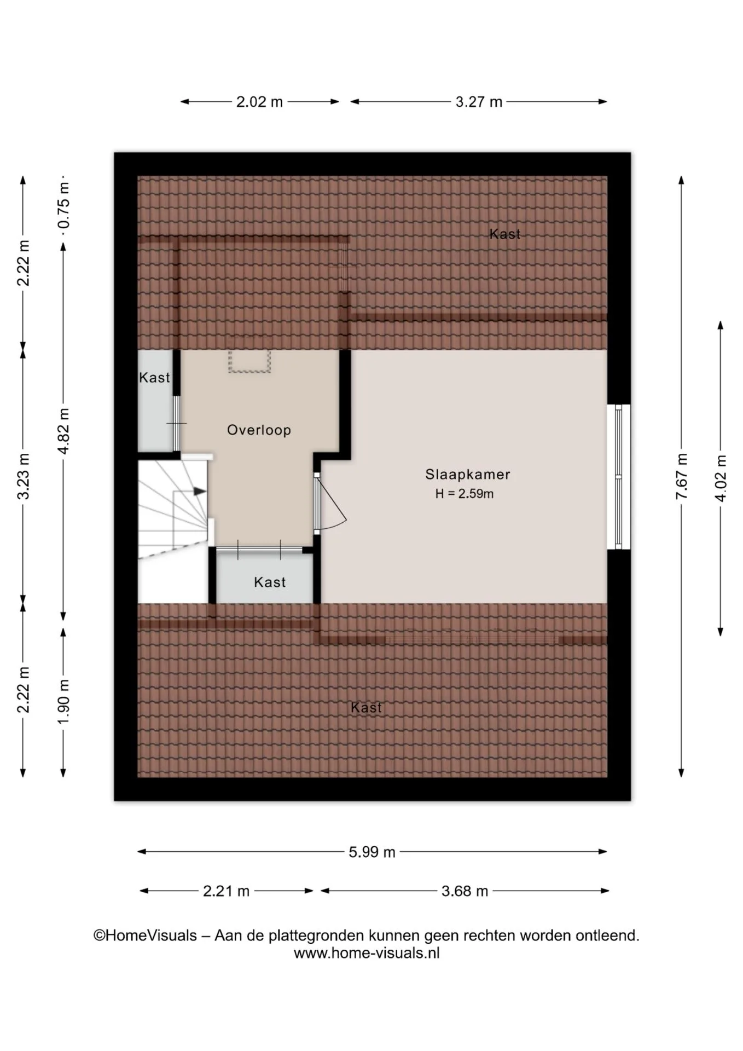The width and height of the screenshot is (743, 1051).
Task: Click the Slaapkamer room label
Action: click(x=467, y=474)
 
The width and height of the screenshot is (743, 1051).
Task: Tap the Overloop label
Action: click(x=259, y=430)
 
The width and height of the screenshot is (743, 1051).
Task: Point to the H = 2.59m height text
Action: click(x=465, y=494)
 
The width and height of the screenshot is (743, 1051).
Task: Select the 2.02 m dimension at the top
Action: click(x=259, y=102)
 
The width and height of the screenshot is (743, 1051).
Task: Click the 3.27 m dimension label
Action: click(x=479, y=102)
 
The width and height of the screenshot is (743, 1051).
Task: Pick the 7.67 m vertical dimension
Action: click(x=681, y=476)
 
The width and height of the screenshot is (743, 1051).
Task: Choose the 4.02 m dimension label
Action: click(x=721, y=478)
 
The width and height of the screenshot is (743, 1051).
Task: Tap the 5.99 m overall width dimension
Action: click(x=372, y=852)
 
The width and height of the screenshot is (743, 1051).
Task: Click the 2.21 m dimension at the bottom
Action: click(x=226, y=891)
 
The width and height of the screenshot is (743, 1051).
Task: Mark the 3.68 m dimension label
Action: click(x=465, y=891)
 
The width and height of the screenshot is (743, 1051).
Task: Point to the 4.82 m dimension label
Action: click(x=63, y=431)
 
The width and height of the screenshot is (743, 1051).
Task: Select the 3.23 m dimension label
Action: click(x=24, y=476)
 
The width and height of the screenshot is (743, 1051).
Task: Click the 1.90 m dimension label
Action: click(x=63, y=701)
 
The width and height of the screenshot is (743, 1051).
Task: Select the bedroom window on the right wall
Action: click(x=619, y=477)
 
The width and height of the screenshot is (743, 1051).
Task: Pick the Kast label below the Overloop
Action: click(x=270, y=582)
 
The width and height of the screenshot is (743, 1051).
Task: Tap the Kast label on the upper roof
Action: click(x=504, y=234)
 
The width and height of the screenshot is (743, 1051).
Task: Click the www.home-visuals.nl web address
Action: click(x=367, y=953)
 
